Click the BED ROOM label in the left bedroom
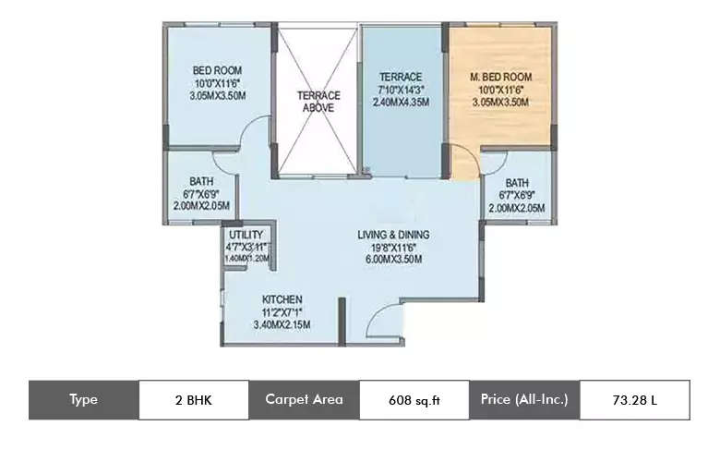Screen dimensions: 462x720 pyautogui.click(x=217, y=70)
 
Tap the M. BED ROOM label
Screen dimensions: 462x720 pyautogui.click(x=501, y=76)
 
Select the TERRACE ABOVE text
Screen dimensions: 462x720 pyautogui.click(x=318, y=101)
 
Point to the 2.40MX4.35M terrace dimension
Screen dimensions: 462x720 pyautogui.click(x=401, y=103)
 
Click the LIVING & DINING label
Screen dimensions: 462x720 pyautogui.click(x=393, y=235)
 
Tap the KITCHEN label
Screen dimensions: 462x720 pyautogui.click(x=282, y=300)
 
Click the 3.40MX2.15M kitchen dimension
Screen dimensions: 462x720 pyautogui.click(x=282, y=324)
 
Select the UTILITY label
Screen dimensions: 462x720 pyautogui.click(x=246, y=235)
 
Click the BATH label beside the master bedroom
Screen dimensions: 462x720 pyautogui.click(x=516, y=183)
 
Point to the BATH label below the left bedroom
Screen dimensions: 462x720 pyautogui.click(x=201, y=181)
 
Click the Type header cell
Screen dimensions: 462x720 pyautogui.click(x=83, y=400)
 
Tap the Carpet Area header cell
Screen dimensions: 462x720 pyautogui.click(x=304, y=400)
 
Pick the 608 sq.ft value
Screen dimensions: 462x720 pyautogui.click(x=414, y=400)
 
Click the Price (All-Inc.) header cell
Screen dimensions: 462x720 pyautogui.click(x=523, y=400)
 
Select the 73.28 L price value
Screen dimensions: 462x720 pyautogui.click(x=633, y=400)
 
